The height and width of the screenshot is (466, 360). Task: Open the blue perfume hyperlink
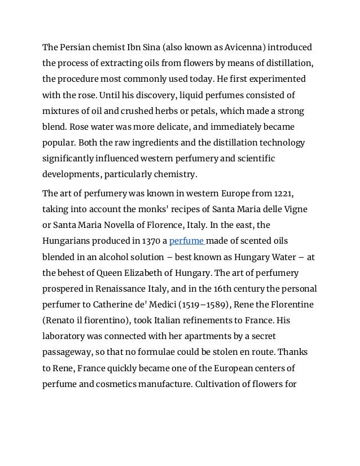187,241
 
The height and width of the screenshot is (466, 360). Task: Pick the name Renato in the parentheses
60,320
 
